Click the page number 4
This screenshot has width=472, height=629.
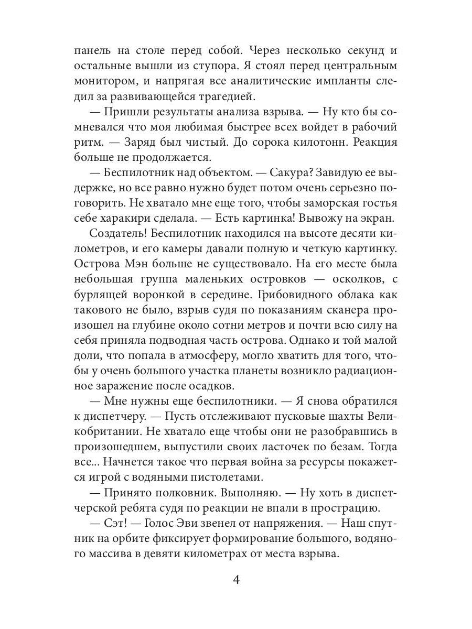[236, 580]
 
